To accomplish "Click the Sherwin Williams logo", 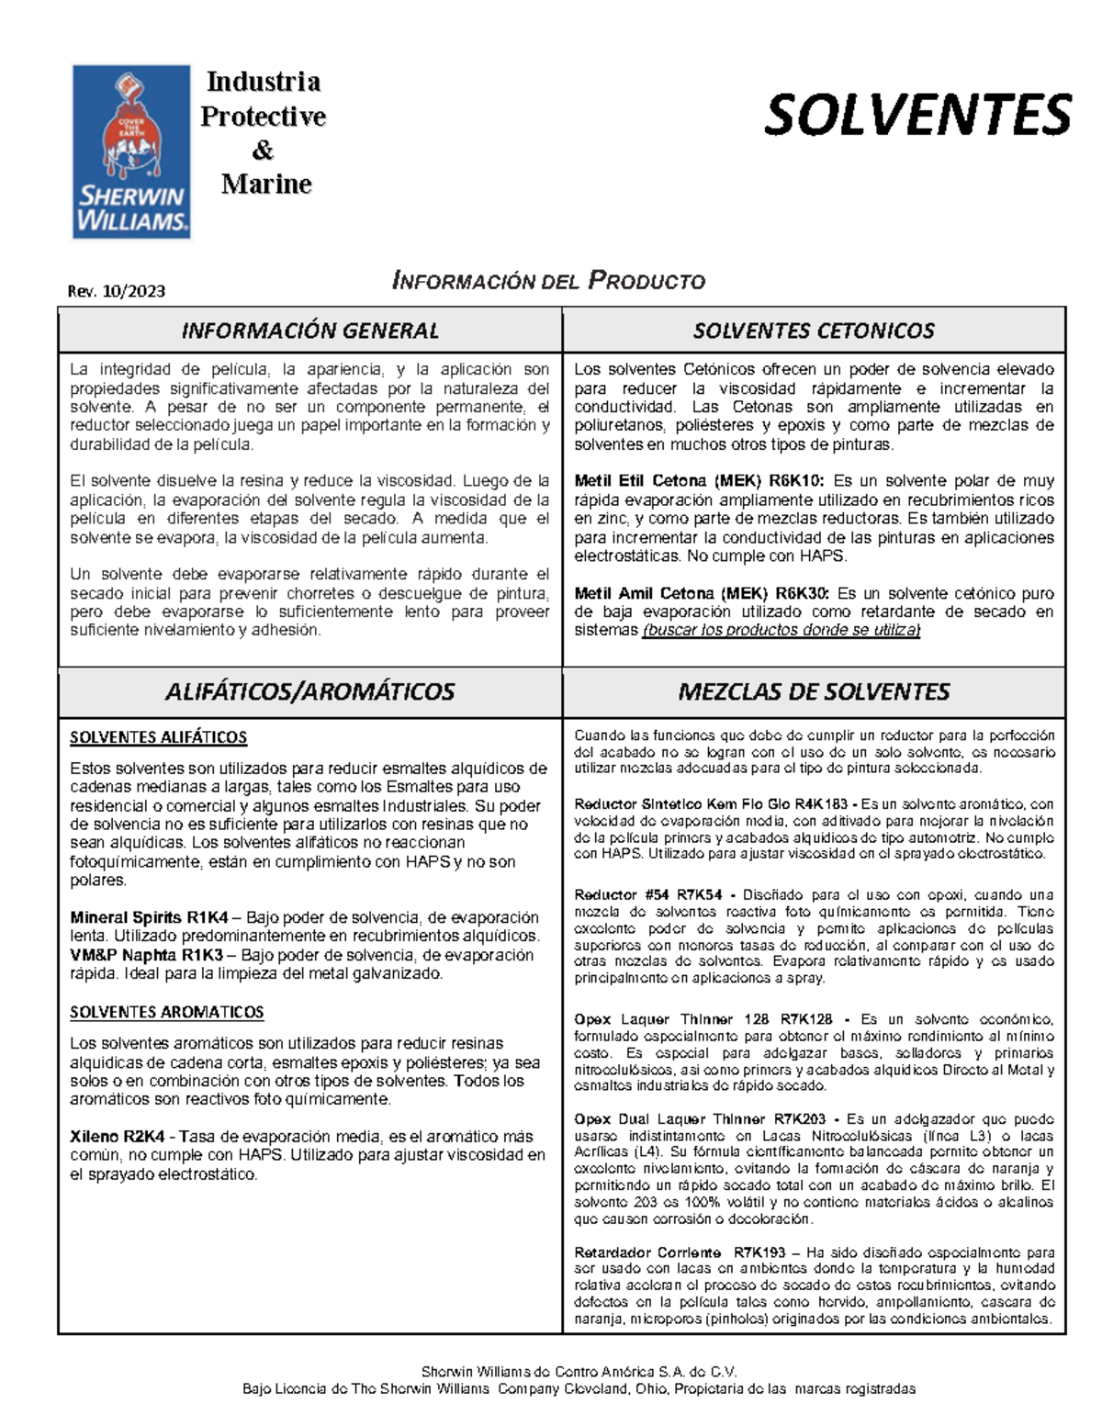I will click(x=131, y=152).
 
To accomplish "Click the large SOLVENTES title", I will click(x=916, y=116).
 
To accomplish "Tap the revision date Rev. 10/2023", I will click(x=117, y=291).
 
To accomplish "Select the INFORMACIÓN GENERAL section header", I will click(x=309, y=331).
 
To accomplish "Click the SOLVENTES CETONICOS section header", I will click(x=814, y=331).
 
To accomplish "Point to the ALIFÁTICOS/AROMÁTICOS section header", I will click(x=309, y=691).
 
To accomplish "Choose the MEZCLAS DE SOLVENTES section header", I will click(x=814, y=691).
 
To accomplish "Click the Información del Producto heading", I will click(x=548, y=281).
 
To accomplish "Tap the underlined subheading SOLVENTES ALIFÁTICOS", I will click(x=158, y=737).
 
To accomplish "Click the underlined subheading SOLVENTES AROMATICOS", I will click(x=166, y=1012).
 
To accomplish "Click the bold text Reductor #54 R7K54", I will click(x=647, y=894).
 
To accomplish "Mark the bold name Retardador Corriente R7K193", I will click(x=680, y=1252).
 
